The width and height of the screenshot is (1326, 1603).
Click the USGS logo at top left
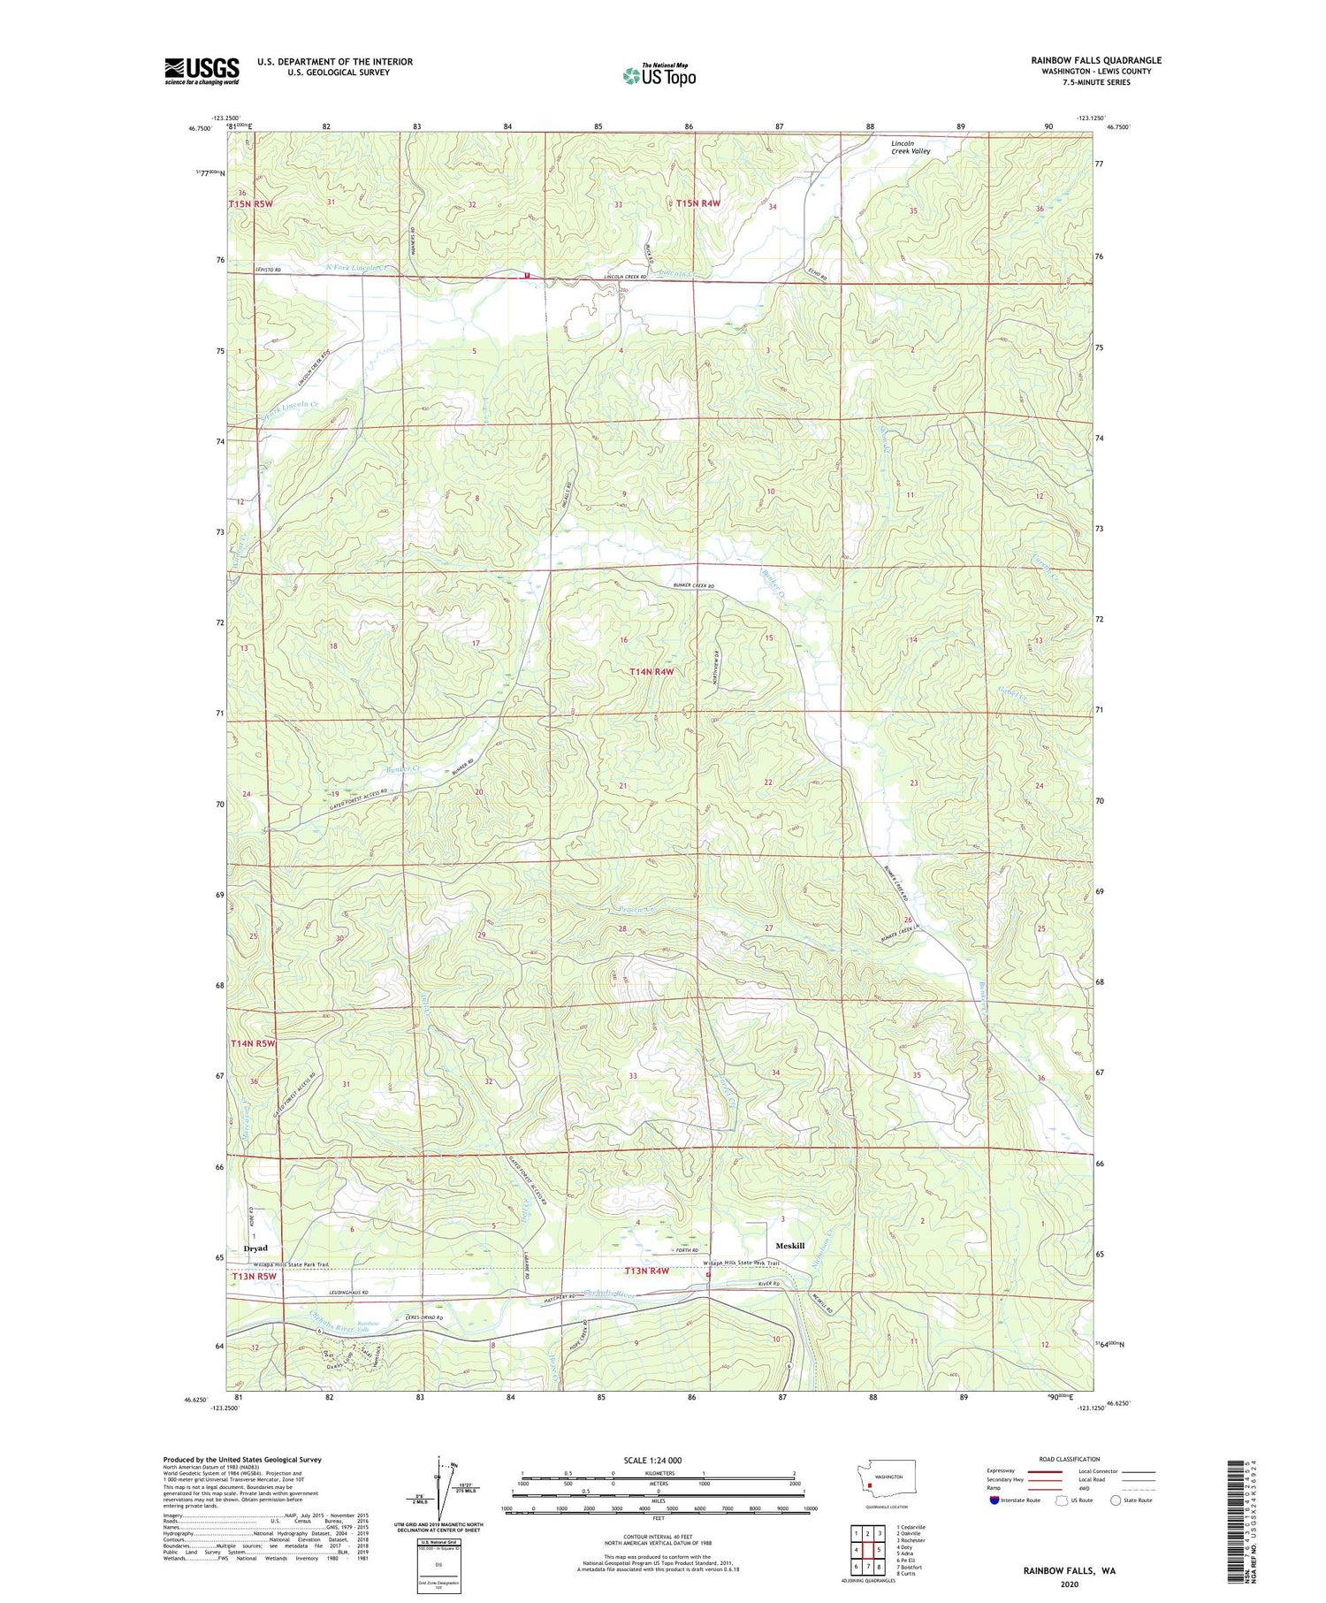202,71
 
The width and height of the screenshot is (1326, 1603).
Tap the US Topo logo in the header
659,75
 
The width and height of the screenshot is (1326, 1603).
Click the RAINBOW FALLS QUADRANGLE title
1095,60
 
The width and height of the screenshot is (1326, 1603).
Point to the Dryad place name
255,1248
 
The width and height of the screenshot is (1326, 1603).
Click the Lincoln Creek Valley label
910,147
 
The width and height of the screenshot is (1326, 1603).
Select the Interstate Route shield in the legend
994,1500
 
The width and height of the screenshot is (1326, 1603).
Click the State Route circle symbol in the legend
1116,1500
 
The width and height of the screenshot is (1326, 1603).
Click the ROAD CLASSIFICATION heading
1070,1459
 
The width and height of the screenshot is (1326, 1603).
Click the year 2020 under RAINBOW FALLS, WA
1070,1584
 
